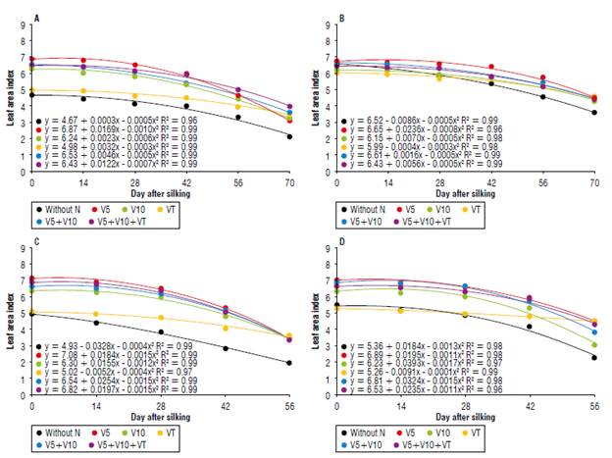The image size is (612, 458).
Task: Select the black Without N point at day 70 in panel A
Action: pos(289,136)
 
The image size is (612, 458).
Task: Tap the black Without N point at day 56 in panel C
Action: pos(289,363)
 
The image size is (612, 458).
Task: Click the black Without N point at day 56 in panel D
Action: pos(594,357)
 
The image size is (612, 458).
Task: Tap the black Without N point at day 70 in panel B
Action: pos(593,113)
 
